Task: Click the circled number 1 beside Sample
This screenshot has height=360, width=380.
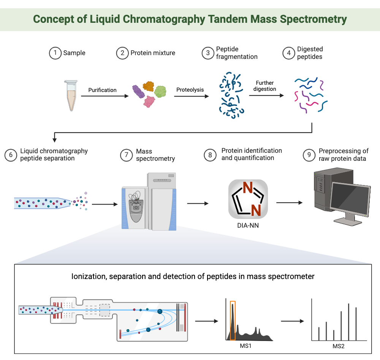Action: pos(55,53)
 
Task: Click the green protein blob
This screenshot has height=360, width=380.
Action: pos(160,91)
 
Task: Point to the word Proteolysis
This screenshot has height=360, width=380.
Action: pos(190,90)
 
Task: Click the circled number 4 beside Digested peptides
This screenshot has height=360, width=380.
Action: pos(289,53)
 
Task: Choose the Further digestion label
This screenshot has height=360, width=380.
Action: pos(265,86)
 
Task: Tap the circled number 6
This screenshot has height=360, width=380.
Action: pos(11,155)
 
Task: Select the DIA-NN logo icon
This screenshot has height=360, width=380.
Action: pos(248,199)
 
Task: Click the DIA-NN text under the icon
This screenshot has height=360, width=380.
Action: pos(248,225)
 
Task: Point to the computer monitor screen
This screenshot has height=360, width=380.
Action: pos(350,198)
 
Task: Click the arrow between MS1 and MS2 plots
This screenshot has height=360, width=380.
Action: pos(292,321)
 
